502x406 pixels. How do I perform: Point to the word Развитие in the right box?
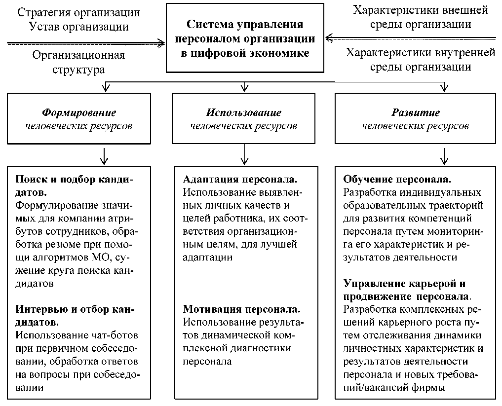(x=416, y=112)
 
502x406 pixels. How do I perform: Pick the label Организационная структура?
(x=79, y=62)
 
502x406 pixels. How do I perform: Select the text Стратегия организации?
(x=79, y=12)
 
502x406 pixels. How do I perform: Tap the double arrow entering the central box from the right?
(x=410, y=37)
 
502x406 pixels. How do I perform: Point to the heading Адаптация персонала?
(x=241, y=179)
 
